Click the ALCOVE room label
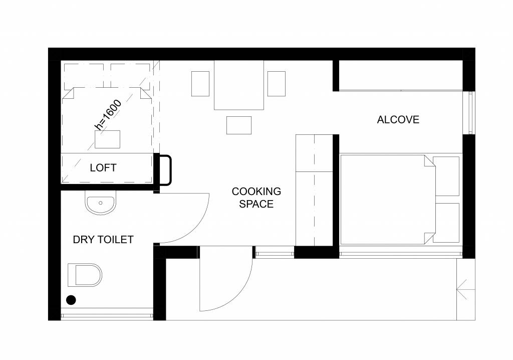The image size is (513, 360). (398, 120)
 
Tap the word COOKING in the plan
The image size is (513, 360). (256, 192)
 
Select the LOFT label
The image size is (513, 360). (103, 167)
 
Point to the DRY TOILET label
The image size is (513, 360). (103, 240)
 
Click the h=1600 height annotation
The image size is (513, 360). (108, 115)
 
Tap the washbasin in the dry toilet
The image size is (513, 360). (101, 204)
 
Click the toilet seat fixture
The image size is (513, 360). (85, 275)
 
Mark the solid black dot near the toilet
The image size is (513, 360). (71, 300)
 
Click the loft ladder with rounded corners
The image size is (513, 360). (165, 170)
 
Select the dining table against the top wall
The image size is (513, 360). (239, 85)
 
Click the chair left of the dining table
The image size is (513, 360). (200, 84)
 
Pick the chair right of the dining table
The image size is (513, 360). (276, 84)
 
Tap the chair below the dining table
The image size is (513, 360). (239, 125)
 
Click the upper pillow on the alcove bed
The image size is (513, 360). (447, 176)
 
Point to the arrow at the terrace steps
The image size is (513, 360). (465, 290)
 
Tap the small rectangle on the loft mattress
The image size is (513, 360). (107, 139)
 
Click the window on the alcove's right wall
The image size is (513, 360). (470, 113)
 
